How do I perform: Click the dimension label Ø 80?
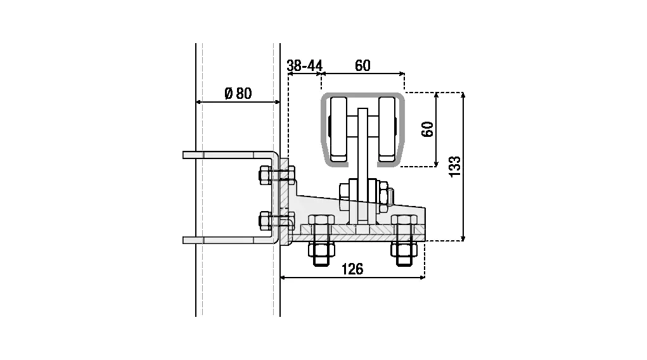click(238, 93)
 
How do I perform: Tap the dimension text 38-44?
click(305, 65)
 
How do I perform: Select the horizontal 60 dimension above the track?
click(362, 65)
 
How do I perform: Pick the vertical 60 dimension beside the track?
click(428, 129)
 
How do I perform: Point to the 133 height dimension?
click(454, 167)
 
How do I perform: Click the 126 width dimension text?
click(352, 269)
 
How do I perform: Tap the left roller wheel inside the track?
click(338, 129)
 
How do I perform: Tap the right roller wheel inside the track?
click(387, 129)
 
